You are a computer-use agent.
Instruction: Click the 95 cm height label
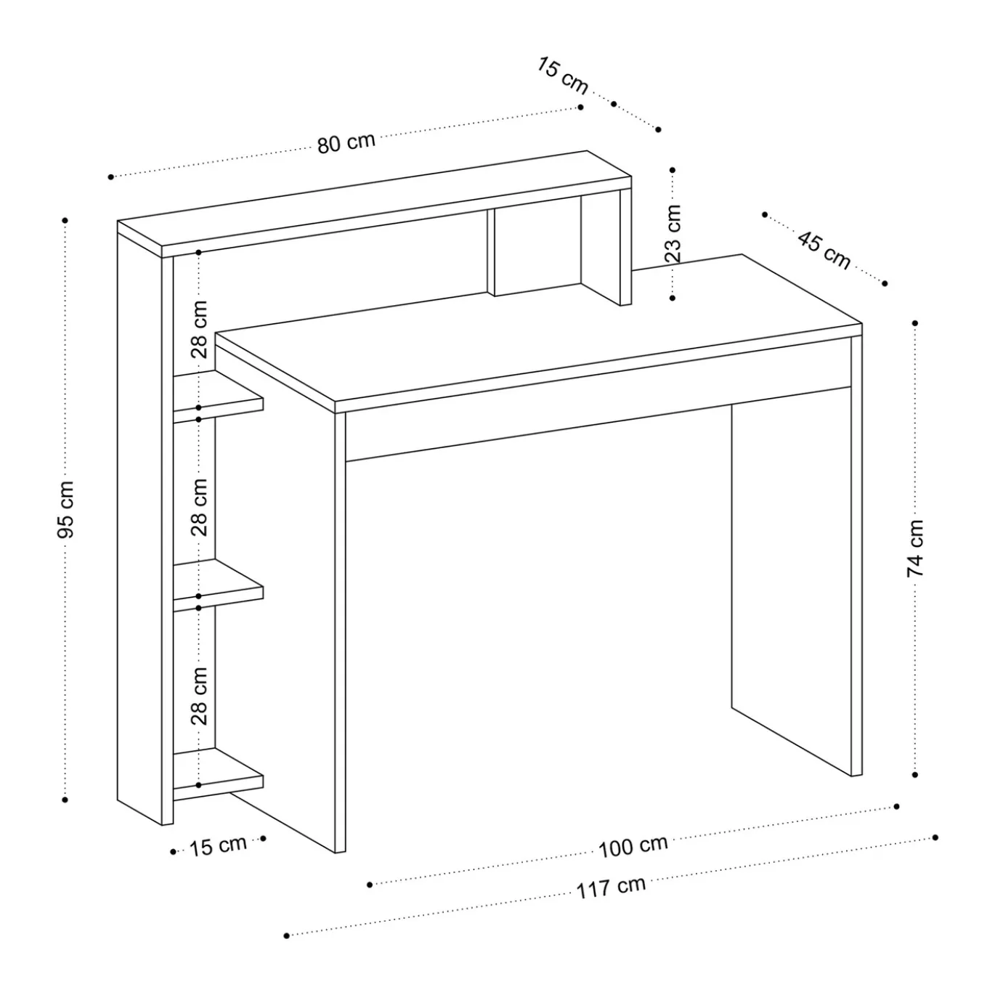click(66, 508)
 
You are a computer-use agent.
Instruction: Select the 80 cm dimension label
click(346, 142)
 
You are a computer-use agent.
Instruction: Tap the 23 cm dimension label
click(673, 233)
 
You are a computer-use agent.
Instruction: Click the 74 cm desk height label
click(915, 548)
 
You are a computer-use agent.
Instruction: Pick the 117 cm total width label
click(611, 887)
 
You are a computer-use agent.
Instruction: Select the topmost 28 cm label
click(199, 330)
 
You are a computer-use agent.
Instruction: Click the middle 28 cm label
click(199, 508)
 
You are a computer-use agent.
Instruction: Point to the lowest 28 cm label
click(199, 696)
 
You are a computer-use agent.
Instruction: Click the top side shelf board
click(218, 397)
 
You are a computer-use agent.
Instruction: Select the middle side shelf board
click(218, 585)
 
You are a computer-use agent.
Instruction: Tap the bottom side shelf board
click(218, 774)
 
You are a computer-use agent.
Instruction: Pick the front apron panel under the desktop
click(598, 423)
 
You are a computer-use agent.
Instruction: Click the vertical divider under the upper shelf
click(491, 253)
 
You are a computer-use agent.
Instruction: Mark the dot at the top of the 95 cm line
click(65, 221)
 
